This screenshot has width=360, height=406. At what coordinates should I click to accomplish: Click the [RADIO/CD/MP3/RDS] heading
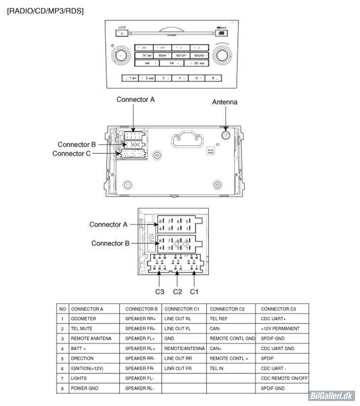[x=45, y=11]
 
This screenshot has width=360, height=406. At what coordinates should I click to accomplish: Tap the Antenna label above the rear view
[x=225, y=102]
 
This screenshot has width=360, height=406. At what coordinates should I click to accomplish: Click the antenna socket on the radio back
[x=226, y=135]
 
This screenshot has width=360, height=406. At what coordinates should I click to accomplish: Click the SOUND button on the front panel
[x=199, y=55]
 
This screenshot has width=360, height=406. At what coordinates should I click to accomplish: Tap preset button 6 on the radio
[x=214, y=78]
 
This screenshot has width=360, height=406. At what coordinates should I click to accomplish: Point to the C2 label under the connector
[x=177, y=291]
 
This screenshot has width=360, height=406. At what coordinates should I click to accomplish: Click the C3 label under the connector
[x=159, y=291]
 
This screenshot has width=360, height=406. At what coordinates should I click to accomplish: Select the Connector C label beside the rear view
[x=71, y=154]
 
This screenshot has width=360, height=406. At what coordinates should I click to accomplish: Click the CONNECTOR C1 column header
[x=181, y=309]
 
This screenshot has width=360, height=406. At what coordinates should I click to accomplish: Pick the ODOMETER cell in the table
[x=83, y=319]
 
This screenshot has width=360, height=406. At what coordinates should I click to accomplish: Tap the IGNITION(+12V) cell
[x=87, y=369]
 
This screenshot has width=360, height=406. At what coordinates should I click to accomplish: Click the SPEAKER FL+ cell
[x=140, y=339]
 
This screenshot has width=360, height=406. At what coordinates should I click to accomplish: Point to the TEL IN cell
[x=217, y=369]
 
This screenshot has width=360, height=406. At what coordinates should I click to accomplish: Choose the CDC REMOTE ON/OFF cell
[x=284, y=379]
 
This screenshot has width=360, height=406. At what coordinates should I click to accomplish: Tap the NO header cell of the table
[x=62, y=309]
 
